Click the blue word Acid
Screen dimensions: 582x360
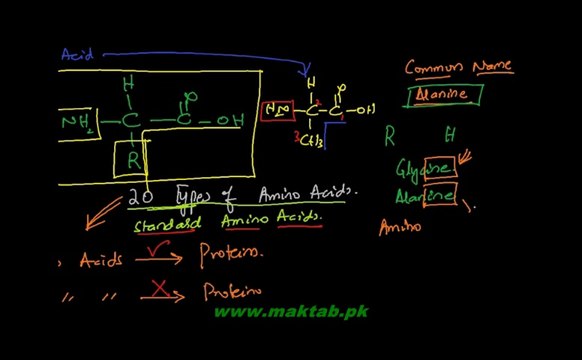77,56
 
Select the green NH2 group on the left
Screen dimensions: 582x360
78,122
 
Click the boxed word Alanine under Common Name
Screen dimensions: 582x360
442,95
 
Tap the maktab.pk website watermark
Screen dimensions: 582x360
291,312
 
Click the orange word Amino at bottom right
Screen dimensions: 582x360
399,227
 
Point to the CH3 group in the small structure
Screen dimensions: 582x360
310,141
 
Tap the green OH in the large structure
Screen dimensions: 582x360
229,122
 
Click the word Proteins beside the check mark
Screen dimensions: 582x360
231,254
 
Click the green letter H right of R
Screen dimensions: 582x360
451,133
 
